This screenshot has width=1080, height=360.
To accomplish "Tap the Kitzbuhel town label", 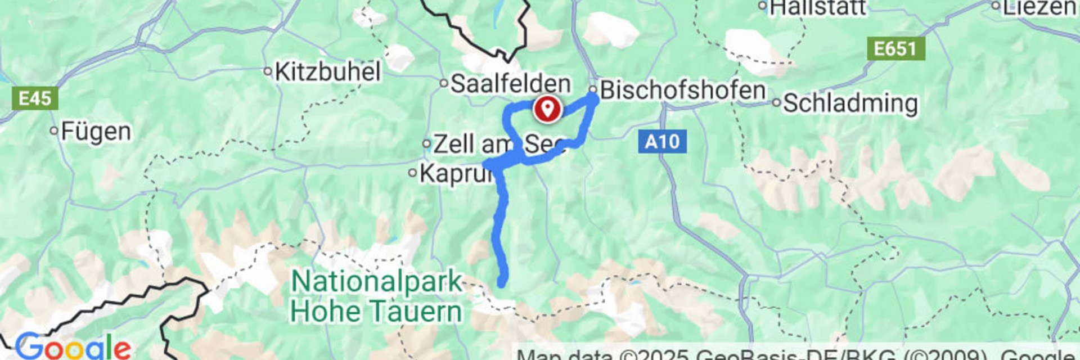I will tap(328, 72).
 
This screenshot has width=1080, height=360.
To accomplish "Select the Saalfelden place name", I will tap(510, 84).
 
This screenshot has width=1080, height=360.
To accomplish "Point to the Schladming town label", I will tap(850, 103).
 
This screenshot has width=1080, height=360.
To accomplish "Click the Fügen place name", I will tap(96, 132).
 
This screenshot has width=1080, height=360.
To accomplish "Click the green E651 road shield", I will tap(895, 49).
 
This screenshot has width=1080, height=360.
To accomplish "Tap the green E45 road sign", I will tap(34, 99).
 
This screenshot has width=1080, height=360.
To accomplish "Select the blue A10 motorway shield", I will tap(662, 141).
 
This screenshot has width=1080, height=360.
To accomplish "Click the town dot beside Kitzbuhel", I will tap(268, 71).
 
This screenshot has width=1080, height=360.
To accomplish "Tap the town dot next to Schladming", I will tap(776, 103).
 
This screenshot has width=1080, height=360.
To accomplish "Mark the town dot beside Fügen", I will tap(54, 131).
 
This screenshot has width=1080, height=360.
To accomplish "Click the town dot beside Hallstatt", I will tap(763, 6).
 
